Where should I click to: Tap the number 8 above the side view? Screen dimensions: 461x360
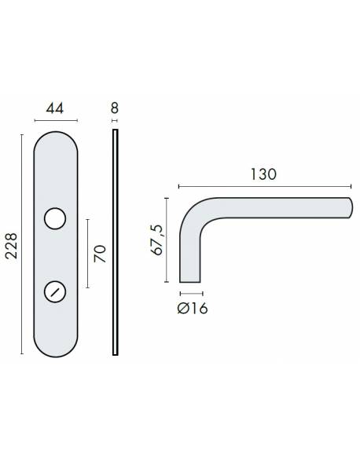[x=115, y=106]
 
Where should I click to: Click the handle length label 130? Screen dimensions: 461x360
[x=263, y=174]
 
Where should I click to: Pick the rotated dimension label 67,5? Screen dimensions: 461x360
[x=157, y=239]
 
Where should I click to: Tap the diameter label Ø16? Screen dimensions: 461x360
[x=188, y=308]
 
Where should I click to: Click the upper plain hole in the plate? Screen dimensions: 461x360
[x=56, y=218]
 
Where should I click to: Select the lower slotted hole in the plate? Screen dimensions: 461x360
[x=56, y=291]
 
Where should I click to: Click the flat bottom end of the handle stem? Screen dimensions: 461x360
[x=188, y=280]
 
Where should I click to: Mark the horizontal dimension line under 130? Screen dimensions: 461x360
[x=265, y=187]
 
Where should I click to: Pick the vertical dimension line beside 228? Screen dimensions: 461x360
[x=21, y=246]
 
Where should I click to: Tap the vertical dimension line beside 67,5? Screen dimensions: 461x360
[x=167, y=239]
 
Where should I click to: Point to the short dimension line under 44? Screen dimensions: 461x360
[x=56, y=120]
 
